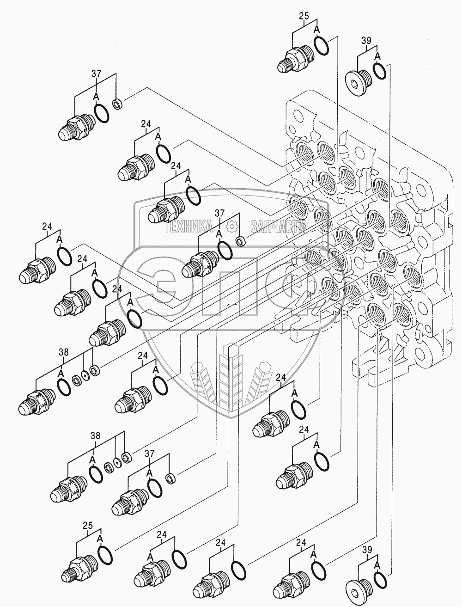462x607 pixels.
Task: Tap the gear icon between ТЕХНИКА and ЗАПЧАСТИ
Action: tap(231, 227)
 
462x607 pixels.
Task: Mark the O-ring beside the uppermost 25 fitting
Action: tap(322, 45)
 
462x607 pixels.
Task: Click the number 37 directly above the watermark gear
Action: tap(219, 213)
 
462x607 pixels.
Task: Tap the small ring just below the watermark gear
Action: tap(240, 241)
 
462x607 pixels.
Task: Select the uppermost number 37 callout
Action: tap(96, 72)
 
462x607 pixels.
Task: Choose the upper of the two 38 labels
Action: tap(63, 352)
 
